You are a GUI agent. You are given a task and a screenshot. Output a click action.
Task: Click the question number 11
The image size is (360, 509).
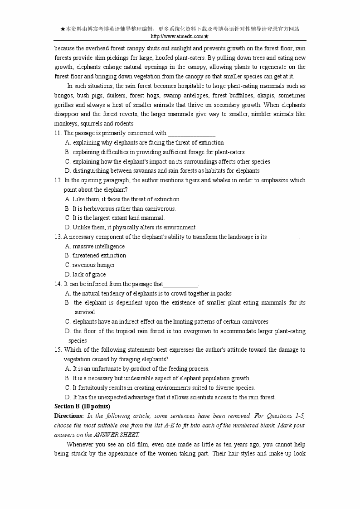[x=58, y=133]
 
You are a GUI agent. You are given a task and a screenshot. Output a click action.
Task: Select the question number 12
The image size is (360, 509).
[x=58, y=180]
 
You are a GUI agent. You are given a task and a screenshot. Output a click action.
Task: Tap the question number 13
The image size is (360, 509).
[x=58, y=237]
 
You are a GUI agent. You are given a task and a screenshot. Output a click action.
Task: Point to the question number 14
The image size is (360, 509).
[x=58, y=284]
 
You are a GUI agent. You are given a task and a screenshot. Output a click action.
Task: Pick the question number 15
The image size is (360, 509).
[x=58, y=350]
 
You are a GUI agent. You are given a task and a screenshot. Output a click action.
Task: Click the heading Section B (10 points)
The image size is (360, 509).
[x=82, y=407]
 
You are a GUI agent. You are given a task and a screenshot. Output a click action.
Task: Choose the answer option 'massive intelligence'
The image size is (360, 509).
[x=98, y=247]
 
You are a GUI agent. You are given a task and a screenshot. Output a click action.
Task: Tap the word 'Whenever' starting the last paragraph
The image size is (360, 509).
[x=80, y=444]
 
